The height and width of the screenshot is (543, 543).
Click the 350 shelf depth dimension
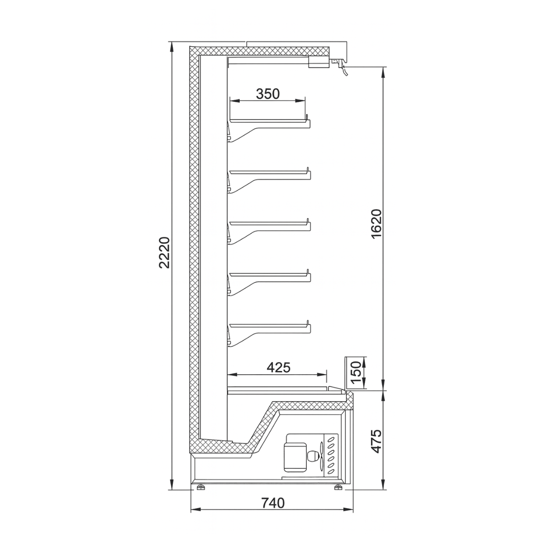268,94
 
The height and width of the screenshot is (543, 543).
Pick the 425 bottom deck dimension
278,367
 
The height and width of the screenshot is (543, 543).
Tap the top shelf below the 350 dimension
269,121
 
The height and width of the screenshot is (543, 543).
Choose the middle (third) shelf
269,223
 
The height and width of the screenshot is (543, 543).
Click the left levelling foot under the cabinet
200,487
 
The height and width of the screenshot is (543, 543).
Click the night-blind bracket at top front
339,66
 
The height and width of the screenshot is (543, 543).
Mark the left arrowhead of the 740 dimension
194,510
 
